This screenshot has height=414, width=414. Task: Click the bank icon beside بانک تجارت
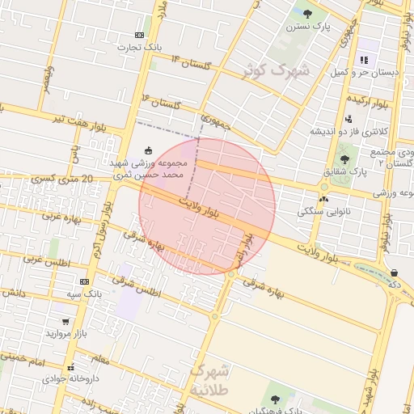coord(140,35)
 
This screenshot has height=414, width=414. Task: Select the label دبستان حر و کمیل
coord(363,73)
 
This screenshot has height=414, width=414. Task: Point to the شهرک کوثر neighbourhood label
coord(277,70)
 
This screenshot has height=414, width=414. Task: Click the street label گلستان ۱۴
coord(190,62)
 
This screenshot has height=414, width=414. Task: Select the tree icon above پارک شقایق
coord(344,158)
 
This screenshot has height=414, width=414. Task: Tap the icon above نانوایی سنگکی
coord(324,198)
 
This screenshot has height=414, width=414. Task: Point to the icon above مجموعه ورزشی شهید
coord(148,150)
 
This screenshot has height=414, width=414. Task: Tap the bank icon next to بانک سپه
coord(84,281)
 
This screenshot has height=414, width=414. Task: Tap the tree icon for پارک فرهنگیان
coord(274,399)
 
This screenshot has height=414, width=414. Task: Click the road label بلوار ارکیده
coord(369,102)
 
